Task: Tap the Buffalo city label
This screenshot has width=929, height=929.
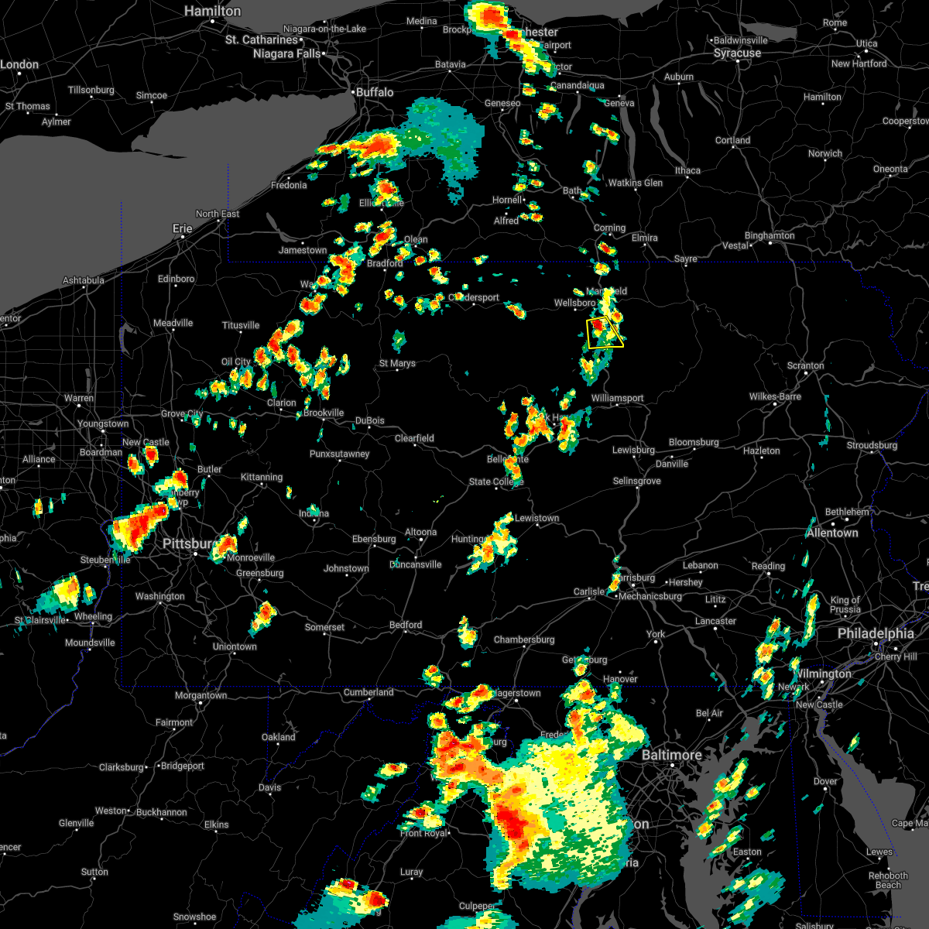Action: pos(375,92)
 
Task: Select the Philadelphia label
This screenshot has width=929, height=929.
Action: pos(876,633)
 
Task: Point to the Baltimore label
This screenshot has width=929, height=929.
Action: pos(671,755)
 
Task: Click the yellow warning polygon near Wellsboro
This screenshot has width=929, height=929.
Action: pos(605,333)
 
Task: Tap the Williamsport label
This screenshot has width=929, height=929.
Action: pos(617,398)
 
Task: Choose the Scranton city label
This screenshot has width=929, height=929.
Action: pos(805,365)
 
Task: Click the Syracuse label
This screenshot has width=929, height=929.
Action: pos(737,53)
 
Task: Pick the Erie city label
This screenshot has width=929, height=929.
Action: pos(182,228)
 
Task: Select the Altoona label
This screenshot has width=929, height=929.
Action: pos(421,532)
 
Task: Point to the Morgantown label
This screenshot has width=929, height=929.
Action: pos(201,695)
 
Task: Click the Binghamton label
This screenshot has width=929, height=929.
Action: pos(770,235)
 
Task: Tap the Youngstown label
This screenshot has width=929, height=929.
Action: pos(103,423)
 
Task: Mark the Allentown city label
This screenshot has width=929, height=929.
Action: pos(832,533)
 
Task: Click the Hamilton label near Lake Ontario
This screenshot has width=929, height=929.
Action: pos(213,12)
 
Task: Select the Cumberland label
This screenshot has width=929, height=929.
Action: pos(369,692)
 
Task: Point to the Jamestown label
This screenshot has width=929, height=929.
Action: pos(303,250)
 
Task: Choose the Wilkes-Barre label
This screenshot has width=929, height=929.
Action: pos(775,396)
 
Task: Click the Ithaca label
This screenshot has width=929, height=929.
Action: pos(687,170)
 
